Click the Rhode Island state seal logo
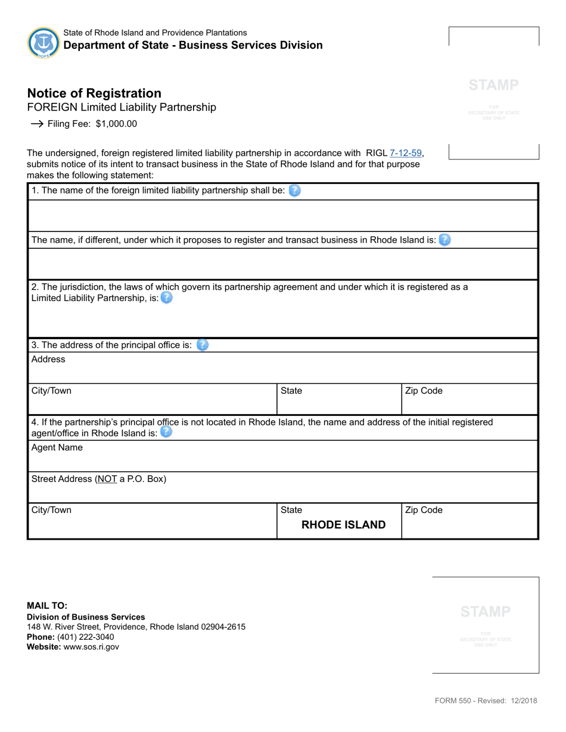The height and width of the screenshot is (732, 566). [43, 42]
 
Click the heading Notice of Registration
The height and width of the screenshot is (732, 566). [94, 93]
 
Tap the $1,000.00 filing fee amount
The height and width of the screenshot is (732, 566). [116, 124]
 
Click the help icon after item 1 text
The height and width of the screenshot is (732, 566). [294, 191]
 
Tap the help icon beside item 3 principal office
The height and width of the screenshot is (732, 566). [203, 345]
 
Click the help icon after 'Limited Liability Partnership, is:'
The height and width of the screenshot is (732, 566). [167, 298]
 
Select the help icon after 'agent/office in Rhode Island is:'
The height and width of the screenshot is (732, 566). [166, 433]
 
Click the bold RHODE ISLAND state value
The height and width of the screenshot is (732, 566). [343, 525]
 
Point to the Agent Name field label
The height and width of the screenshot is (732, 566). [57, 448]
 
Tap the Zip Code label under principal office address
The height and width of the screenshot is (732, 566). [424, 391]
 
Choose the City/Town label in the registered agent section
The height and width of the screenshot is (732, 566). [51, 510]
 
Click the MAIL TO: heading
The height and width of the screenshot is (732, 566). [47, 606]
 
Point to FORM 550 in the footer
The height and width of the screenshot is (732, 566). [455, 700]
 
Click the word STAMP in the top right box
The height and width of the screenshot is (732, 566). [493, 85]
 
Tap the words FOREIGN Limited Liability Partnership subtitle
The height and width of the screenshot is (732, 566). [122, 108]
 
